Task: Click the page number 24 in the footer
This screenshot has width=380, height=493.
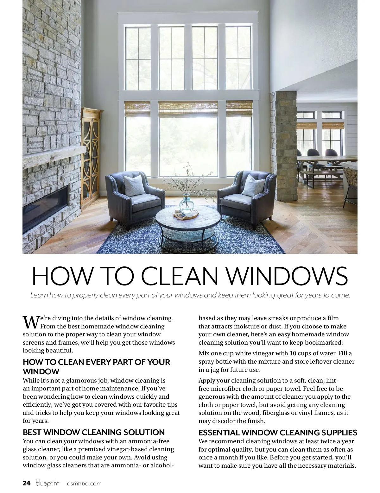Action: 27,483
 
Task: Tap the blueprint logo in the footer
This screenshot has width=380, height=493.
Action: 47,483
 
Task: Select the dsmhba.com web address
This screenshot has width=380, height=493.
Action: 84,484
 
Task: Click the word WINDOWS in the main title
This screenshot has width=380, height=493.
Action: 288,276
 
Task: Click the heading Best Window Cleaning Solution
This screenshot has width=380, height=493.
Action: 94,432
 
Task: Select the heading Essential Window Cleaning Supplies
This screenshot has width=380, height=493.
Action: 278,433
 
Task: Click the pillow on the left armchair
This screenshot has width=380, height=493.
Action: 134,185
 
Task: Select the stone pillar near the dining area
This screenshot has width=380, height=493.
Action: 283,142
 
